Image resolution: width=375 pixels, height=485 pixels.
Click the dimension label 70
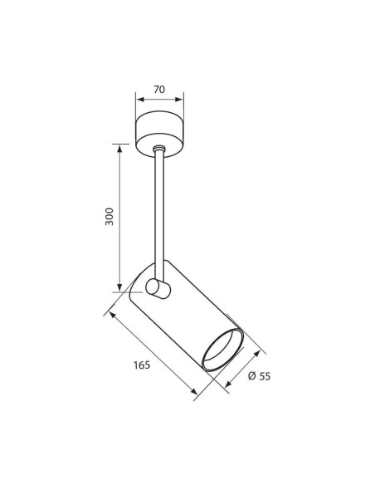click(159, 90)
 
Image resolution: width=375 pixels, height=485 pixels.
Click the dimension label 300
click(110, 217)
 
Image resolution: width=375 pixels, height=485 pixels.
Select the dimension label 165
click(142, 365)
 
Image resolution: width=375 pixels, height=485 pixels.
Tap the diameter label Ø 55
click(259, 376)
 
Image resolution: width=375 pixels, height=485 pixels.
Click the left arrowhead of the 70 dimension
click(140, 100)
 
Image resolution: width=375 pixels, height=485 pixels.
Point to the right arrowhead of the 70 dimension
click(179, 100)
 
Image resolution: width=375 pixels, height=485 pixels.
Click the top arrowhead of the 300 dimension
click(119, 148)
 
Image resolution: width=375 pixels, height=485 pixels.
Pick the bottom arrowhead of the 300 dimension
click(119, 287)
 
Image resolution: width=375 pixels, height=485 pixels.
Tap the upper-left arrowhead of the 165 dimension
click(113, 316)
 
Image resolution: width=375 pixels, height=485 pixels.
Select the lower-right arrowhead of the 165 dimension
click(193, 391)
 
